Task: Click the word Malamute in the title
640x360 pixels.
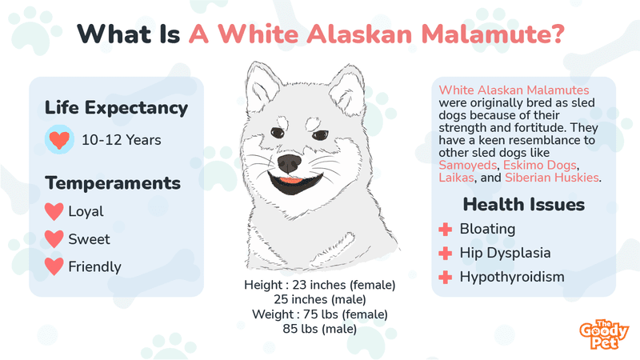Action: click(492, 34)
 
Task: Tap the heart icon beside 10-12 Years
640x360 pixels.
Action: click(59, 140)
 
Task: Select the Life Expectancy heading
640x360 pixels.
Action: click(116, 108)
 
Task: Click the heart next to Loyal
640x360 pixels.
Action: click(54, 211)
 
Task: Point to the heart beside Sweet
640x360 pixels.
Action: click(54, 238)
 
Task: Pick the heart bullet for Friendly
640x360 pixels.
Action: click(54, 266)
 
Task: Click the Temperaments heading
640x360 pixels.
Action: click(113, 183)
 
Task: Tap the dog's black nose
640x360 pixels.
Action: click(290, 164)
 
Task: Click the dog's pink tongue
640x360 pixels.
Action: click(290, 179)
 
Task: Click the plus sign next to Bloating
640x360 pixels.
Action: click(446, 230)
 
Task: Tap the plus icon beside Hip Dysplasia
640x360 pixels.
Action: click(446, 254)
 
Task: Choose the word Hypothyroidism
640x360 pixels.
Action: click(512, 277)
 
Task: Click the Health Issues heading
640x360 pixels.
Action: click(524, 205)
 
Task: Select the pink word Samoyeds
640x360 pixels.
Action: click(468, 166)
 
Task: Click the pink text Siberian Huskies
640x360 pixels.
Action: click(552, 178)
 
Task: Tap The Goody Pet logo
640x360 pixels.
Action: click(604, 334)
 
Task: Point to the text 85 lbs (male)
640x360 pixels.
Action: click(319, 329)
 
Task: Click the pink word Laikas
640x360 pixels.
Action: click(456, 178)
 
